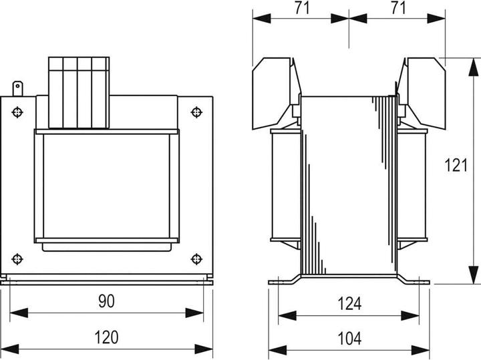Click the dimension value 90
pyautogui.click(x=106, y=301)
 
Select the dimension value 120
pyautogui.click(x=106, y=337)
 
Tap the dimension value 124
pyautogui.click(x=349, y=304)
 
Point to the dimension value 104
pyautogui.click(x=349, y=339)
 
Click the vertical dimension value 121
pyautogui.click(x=456, y=165)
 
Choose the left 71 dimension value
pyautogui.click(x=302, y=7)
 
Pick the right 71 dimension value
pyautogui.click(x=398, y=7)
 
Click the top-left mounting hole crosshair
pyautogui.click(x=17, y=112)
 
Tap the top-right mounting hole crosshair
pyautogui.click(x=196, y=112)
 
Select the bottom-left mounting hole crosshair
pyautogui.click(x=17, y=259)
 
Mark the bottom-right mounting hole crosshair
pyautogui.click(x=196, y=259)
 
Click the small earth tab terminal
pyautogui.click(x=17, y=89)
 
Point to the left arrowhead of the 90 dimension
pyautogui.click(x=19, y=313)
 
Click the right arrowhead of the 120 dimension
pyautogui.click(x=204, y=349)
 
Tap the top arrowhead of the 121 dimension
pyautogui.click(x=474, y=67)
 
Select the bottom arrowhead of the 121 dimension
pyautogui.click(x=474, y=275)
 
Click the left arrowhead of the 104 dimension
pyautogui.click(x=278, y=350)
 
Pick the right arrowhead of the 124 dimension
pyautogui.click(x=410, y=315)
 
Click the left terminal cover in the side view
pyautogui.click(x=276, y=93)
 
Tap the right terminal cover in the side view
pyautogui.click(x=422, y=93)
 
